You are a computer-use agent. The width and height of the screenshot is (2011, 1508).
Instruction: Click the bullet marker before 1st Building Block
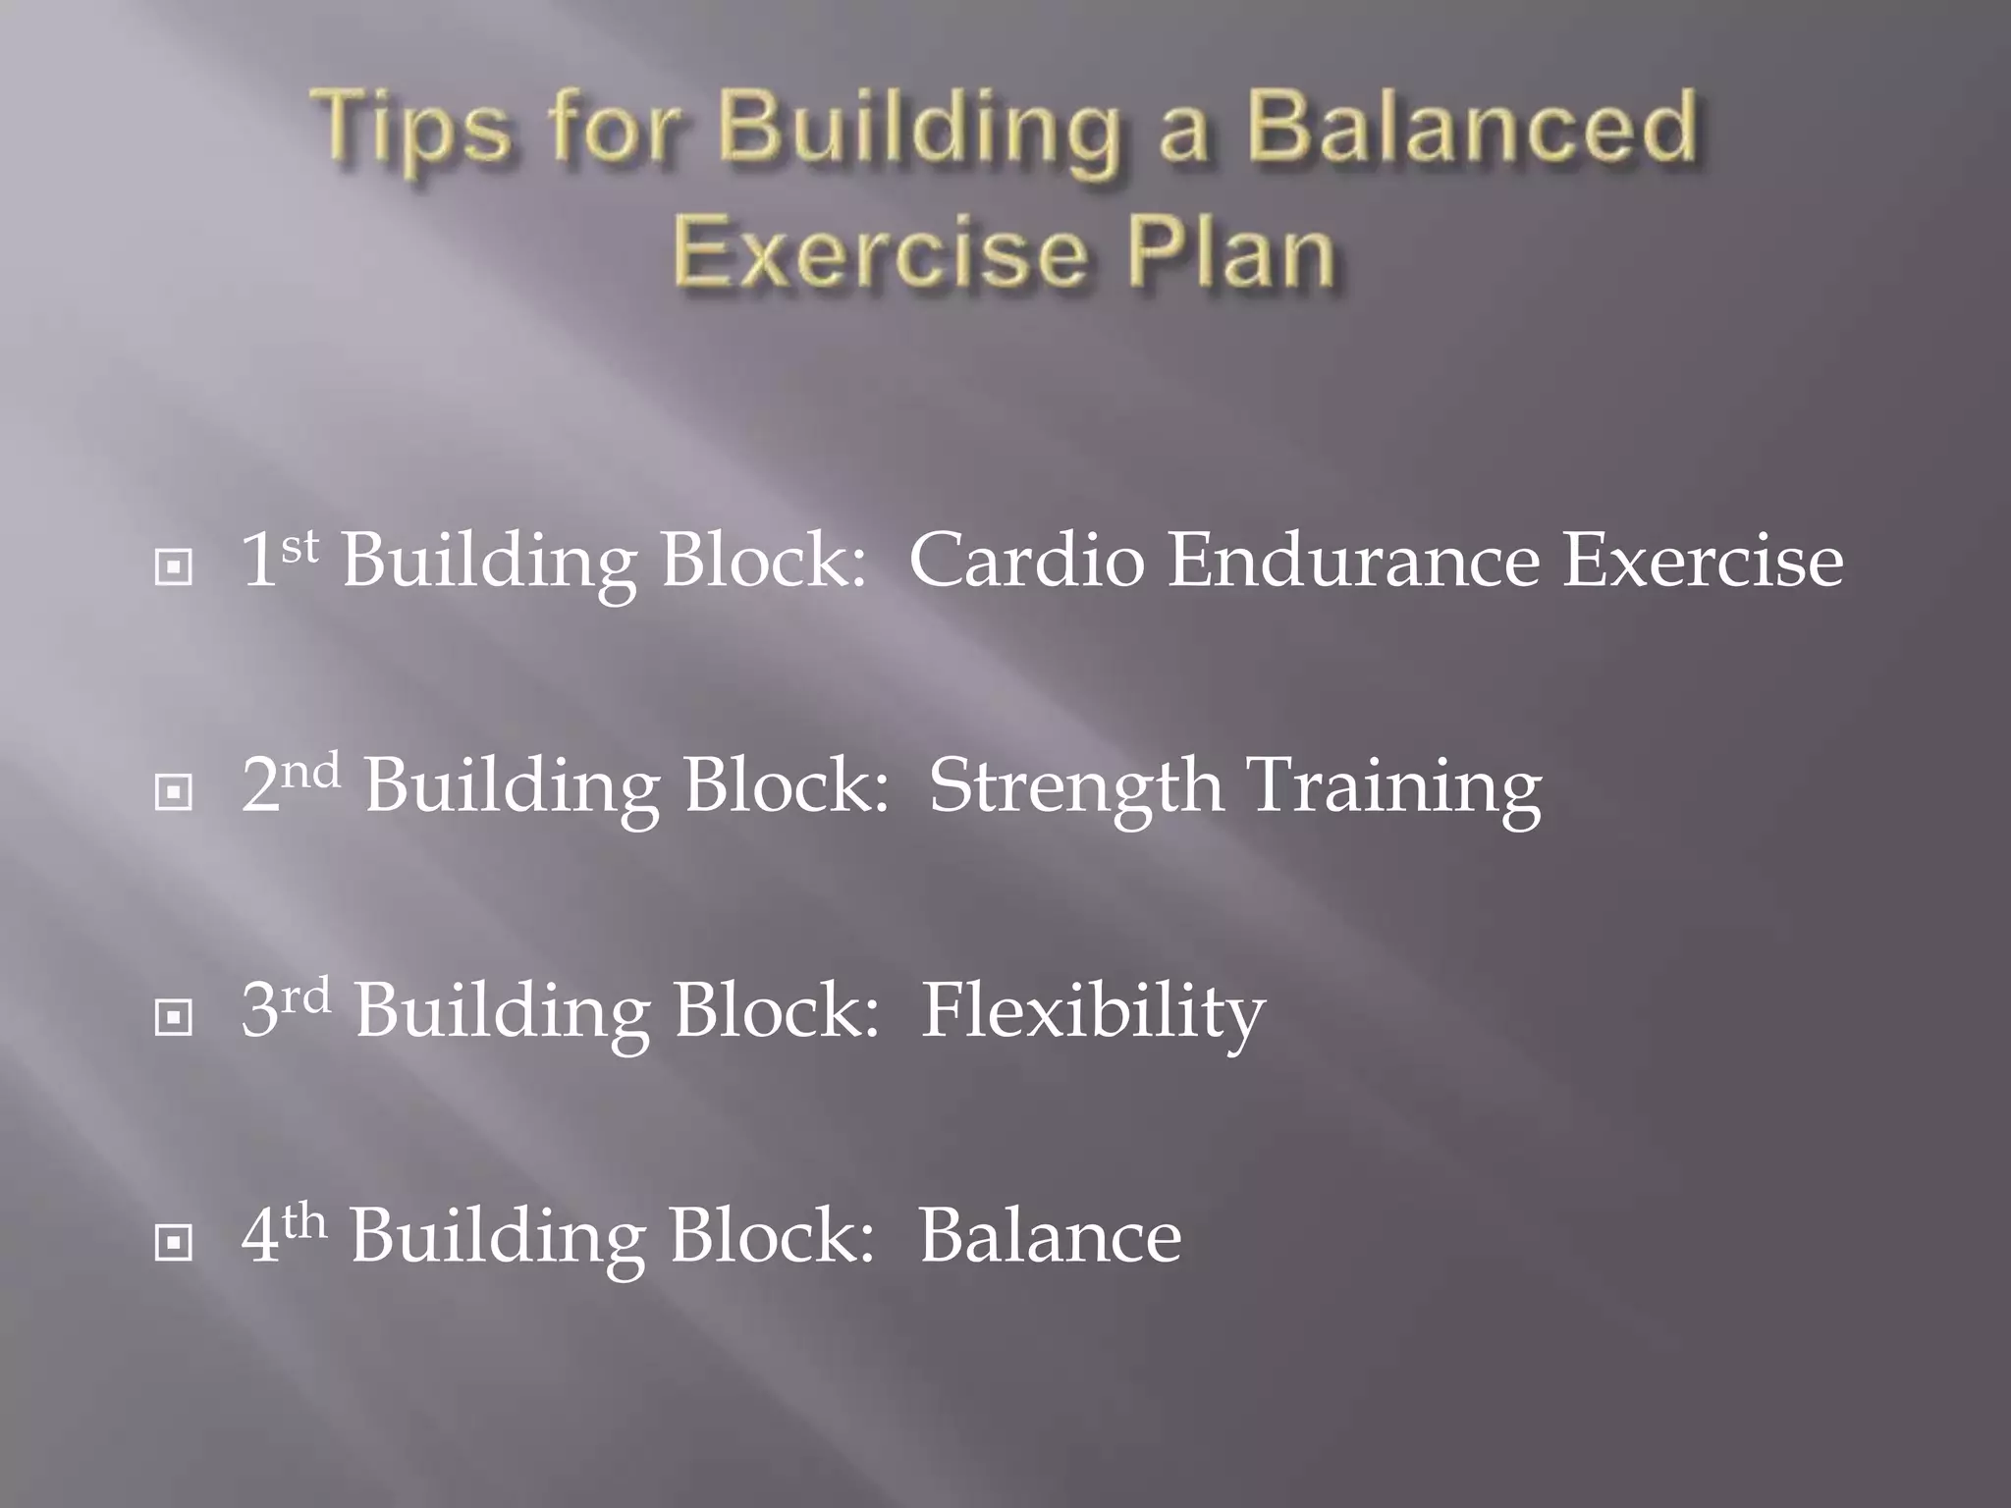pyautogui.click(x=174, y=566)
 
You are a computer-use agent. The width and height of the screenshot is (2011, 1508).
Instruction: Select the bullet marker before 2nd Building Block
pyautogui.click(x=174, y=791)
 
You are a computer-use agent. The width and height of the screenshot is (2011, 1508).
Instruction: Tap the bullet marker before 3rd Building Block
pyautogui.click(x=174, y=1017)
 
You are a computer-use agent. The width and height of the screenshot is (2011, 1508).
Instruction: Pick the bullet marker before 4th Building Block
pyautogui.click(x=174, y=1243)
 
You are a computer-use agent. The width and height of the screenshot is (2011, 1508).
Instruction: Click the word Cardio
pyautogui.click(x=1026, y=561)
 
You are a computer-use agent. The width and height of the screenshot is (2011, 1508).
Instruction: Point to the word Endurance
pyautogui.click(x=1354, y=561)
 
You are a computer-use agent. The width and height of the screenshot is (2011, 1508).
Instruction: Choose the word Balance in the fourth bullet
pyautogui.click(x=1050, y=1236)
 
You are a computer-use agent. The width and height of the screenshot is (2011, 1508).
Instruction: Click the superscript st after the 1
pyautogui.click(x=300, y=547)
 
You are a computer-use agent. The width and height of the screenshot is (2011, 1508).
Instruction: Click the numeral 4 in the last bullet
pyautogui.click(x=260, y=1237)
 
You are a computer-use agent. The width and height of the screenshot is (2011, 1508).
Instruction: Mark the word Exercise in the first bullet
pyautogui.click(x=1704, y=561)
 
